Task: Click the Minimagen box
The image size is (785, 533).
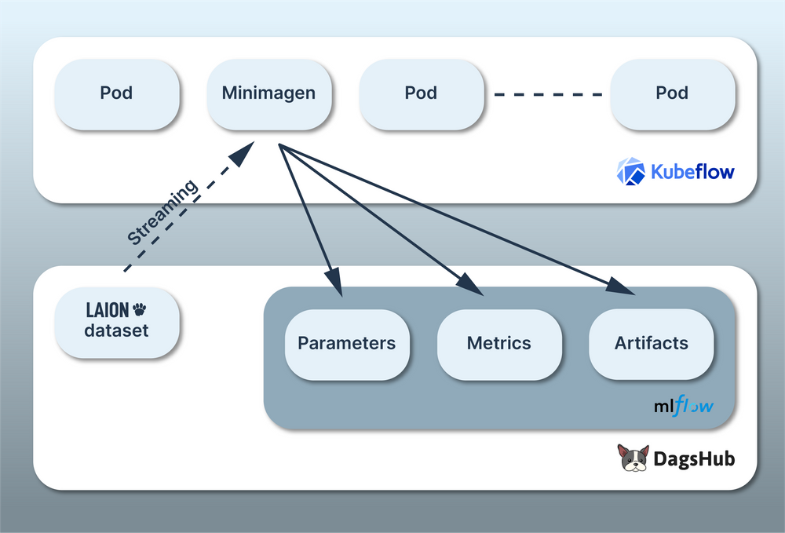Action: tap(268, 93)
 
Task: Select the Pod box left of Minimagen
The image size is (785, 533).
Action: tap(116, 93)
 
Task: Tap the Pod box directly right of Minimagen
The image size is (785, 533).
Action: tap(421, 93)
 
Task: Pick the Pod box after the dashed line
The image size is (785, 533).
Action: tap(672, 93)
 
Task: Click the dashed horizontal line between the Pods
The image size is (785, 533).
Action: tap(547, 94)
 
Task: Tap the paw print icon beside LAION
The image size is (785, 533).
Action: tap(140, 309)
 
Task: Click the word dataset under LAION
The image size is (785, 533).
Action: tap(116, 330)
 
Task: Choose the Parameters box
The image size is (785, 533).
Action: tap(346, 343)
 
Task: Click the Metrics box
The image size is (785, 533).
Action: tap(499, 343)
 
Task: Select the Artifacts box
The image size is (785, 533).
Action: tap(652, 343)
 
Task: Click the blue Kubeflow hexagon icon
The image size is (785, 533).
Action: tap(630, 171)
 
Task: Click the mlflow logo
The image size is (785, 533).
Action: tap(684, 407)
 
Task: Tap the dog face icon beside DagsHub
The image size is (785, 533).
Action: tap(633, 458)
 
